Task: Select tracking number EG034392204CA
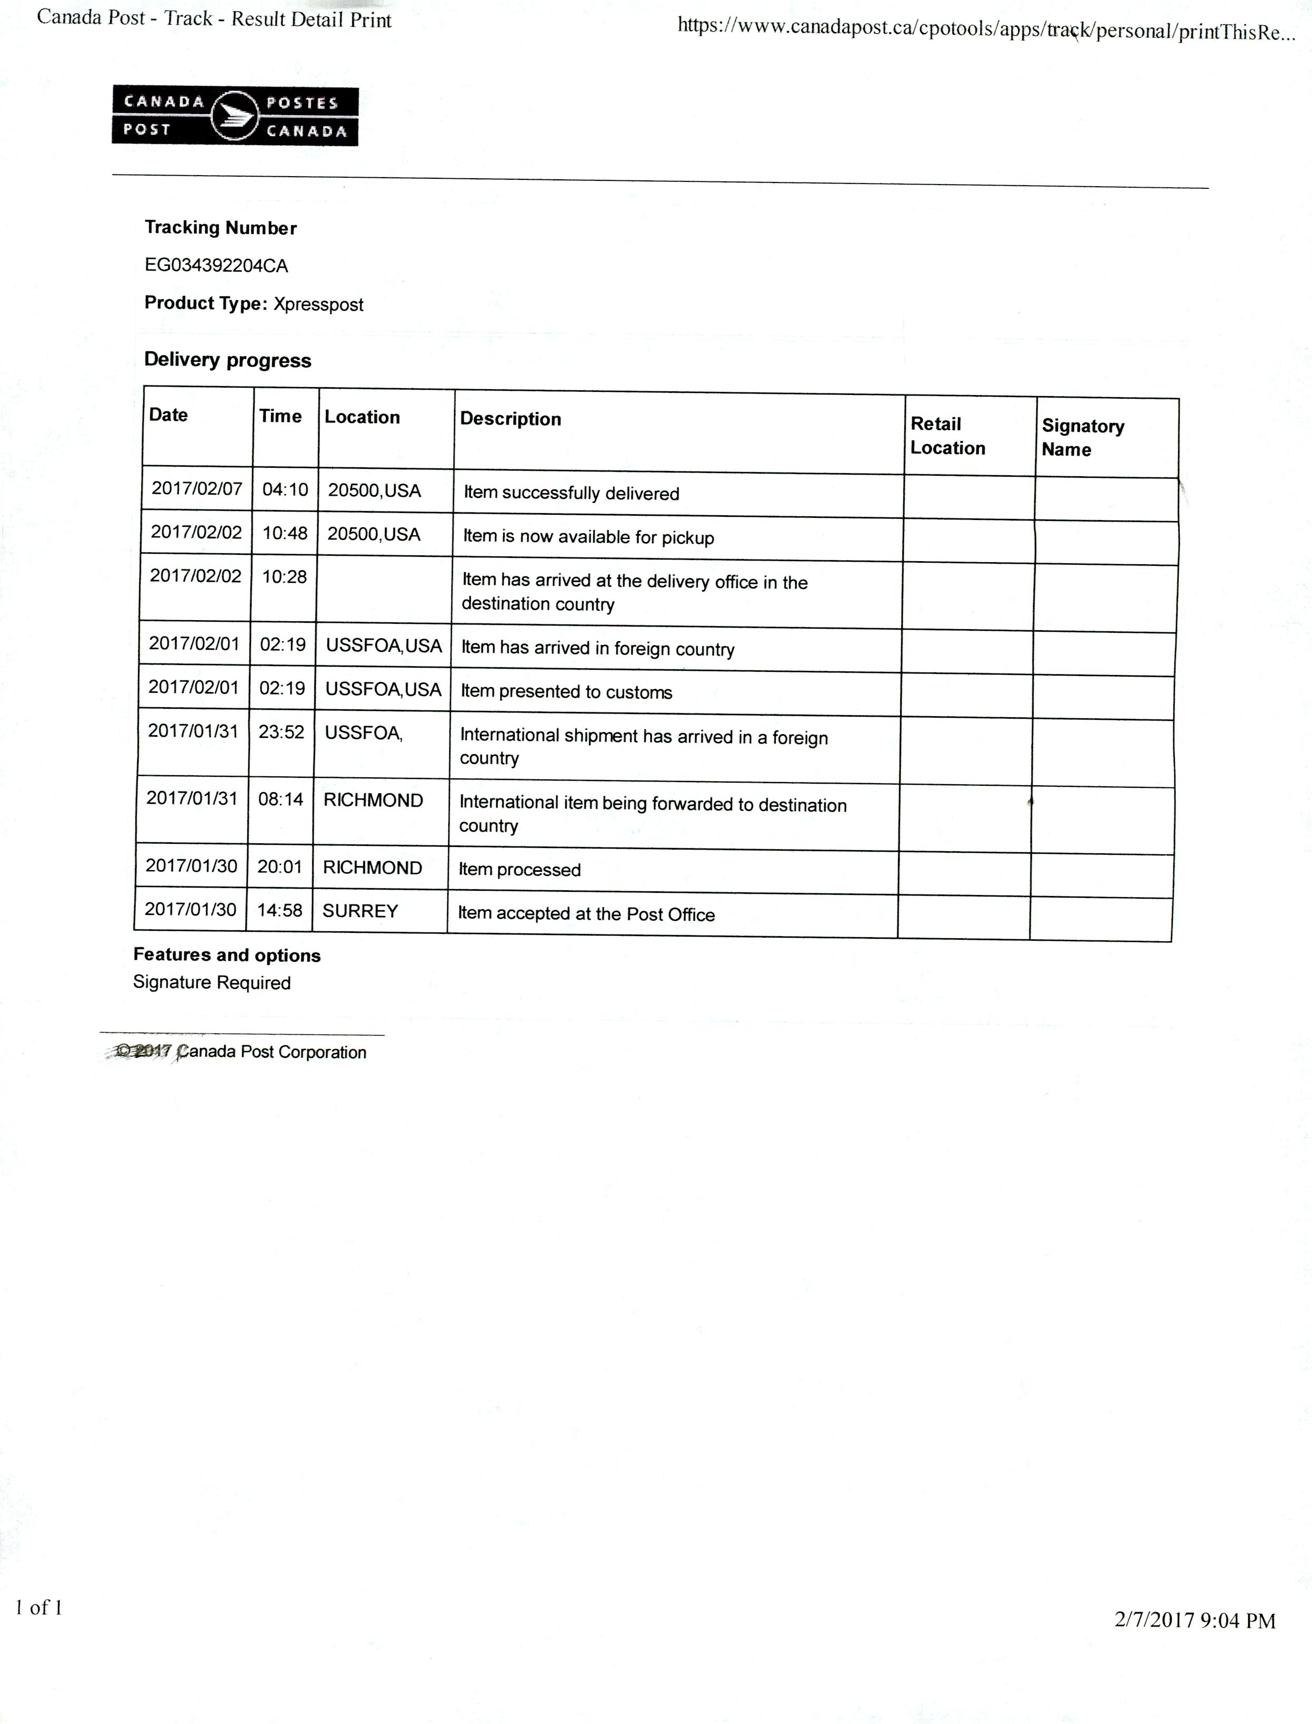coord(216,265)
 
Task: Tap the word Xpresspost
coord(318,304)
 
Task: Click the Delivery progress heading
coord(227,360)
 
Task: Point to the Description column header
coord(510,419)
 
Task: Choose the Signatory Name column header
coord(1083,437)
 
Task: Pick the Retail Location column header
coord(947,436)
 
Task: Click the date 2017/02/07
coord(197,489)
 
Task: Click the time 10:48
coord(284,533)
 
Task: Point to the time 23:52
coord(281,731)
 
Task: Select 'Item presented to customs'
coord(566,692)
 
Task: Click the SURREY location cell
coord(360,911)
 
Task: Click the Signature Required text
coord(211,983)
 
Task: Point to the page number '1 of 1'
coord(39,1607)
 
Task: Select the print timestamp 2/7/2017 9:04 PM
coord(1195,1620)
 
